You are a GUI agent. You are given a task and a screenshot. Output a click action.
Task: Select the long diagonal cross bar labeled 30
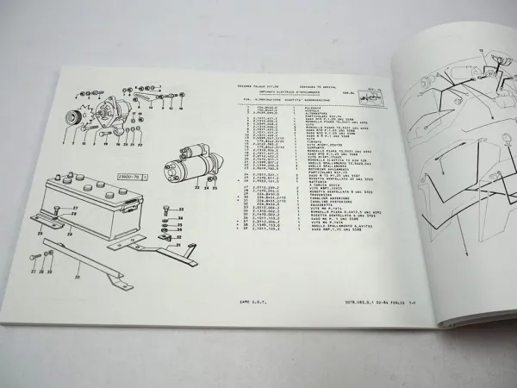tap(103, 264)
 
